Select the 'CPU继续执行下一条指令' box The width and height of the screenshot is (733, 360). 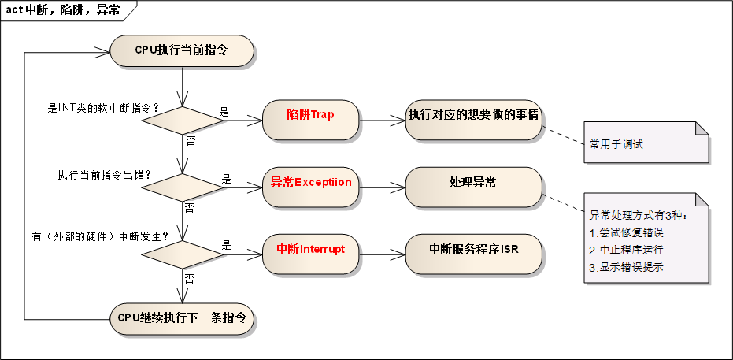[x=182, y=318]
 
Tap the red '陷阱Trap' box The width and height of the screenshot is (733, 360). [x=310, y=115]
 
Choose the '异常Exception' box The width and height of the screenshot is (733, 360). [x=310, y=182]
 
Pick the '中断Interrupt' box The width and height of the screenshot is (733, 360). [x=310, y=249]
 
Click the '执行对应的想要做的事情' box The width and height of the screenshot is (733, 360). [x=473, y=115]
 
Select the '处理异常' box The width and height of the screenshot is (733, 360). [x=473, y=182]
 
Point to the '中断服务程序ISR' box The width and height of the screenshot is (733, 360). [x=473, y=249]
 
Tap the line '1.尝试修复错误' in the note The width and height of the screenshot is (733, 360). [x=627, y=233]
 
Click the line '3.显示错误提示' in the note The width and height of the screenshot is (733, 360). [x=627, y=267]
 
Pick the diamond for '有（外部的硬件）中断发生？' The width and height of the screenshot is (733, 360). [x=182, y=254]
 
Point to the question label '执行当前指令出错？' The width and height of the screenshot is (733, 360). [x=105, y=174]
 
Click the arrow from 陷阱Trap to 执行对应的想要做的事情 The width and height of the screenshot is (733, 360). [x=382, y=121]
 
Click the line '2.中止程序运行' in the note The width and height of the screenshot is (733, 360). [x=627, y=250]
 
